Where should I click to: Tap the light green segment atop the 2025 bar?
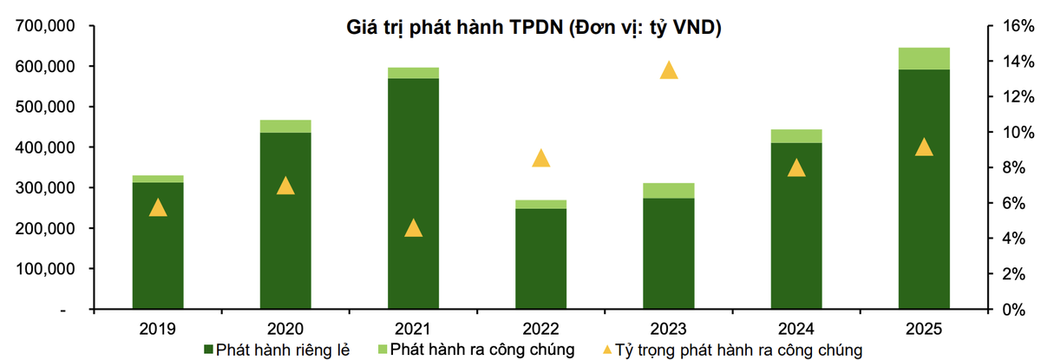pos(924,58)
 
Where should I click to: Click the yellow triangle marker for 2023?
pos(669,71)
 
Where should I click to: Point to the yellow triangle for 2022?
pos(541,158)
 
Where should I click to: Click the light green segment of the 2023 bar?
pos(669,191)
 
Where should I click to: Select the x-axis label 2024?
pos(796,329)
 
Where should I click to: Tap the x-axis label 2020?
pos(285,329)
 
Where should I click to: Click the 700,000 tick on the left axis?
pos(45,26)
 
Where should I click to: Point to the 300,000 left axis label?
pos(45,188)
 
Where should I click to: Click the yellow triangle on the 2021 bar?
pos(413,228)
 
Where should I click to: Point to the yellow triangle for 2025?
pos(924,147)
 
